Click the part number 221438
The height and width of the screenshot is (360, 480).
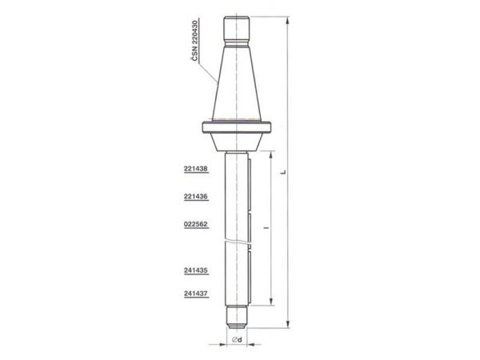[x=196, y=169]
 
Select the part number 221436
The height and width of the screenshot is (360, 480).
[x=196, y=197]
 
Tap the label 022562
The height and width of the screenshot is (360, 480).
[x=196, y=224]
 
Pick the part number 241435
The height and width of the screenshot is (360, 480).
[x=196, y=270]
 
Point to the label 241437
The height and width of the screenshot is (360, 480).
[x=196, y=294]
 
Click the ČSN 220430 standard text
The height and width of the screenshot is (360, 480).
[x=194, y=40]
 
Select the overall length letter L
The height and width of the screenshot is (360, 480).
[x=283, y=172]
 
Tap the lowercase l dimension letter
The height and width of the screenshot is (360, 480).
[x=267, y=228]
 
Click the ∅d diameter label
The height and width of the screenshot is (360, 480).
[x=237, y=339]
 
